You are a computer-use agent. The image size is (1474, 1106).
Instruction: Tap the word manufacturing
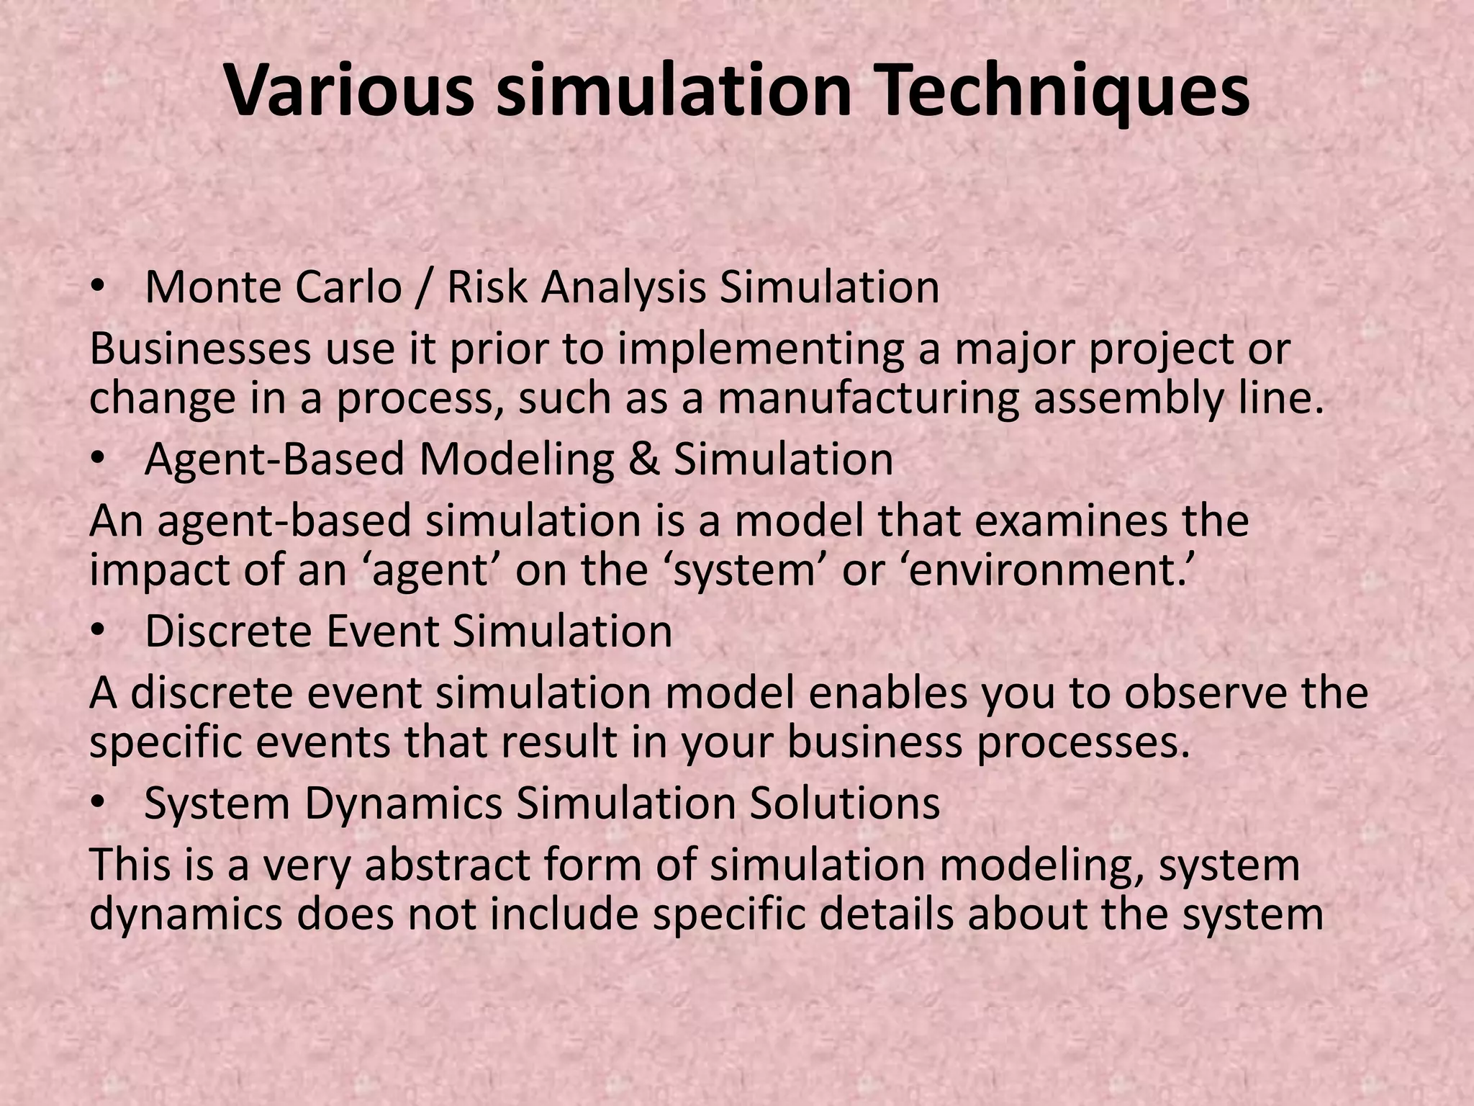coord(868,399)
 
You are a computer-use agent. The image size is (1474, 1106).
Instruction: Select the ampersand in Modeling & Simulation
coord(643,460)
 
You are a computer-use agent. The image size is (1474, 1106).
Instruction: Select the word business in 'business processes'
coord(874,742)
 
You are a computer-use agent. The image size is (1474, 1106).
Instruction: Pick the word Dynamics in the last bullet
coord(403,804)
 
